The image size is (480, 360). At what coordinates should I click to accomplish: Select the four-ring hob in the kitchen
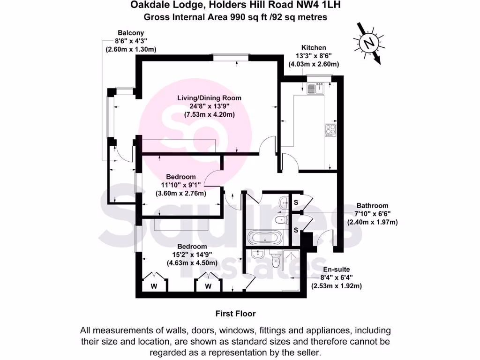330,130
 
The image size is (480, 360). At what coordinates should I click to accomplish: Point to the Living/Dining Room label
209,98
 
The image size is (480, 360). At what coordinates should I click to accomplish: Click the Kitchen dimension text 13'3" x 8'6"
314,56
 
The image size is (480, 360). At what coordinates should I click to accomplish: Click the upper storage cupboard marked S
296,202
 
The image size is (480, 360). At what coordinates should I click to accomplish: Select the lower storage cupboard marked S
296,230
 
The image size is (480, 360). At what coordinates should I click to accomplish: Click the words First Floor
235,314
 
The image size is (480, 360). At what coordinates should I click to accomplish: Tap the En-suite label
337,270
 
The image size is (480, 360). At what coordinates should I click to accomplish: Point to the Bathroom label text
372,205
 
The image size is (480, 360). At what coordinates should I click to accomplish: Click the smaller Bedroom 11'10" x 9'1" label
181,177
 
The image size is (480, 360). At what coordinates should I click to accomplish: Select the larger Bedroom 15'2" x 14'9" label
192,247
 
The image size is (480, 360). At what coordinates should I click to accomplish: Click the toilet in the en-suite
276,259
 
